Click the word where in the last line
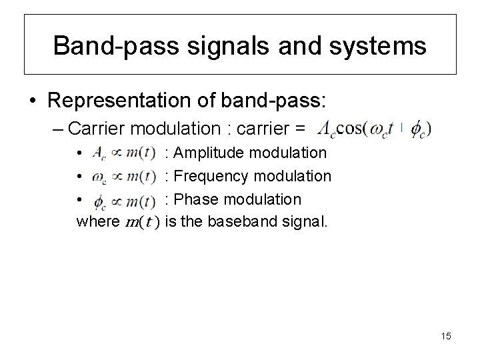click(x=97, y=222)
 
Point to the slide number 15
click(x=445, y=336)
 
